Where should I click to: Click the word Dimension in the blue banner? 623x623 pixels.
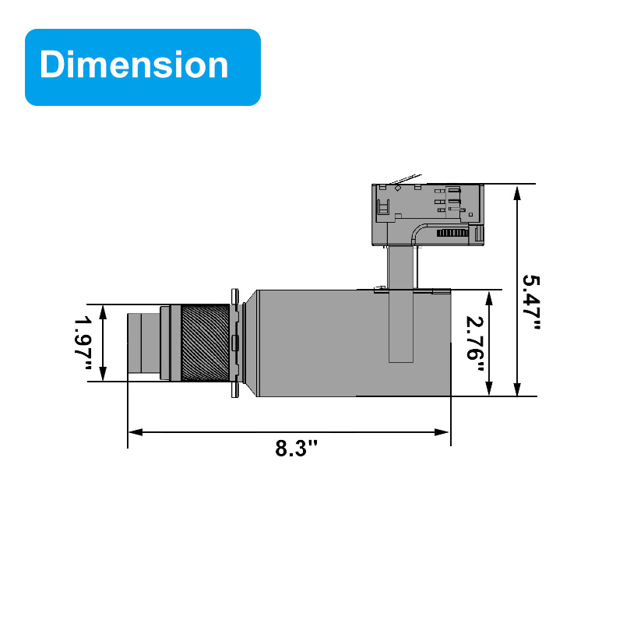click(134, 65)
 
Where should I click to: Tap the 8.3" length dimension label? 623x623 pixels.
click(297, 449)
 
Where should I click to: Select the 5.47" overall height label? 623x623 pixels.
click(531, 301)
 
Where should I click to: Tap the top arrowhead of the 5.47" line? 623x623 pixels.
click(516, 191)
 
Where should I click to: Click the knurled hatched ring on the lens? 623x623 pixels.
click(206, 343)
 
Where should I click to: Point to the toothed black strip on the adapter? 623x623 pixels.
click(452, 233)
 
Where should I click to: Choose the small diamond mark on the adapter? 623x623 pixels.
click(398, 188)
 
